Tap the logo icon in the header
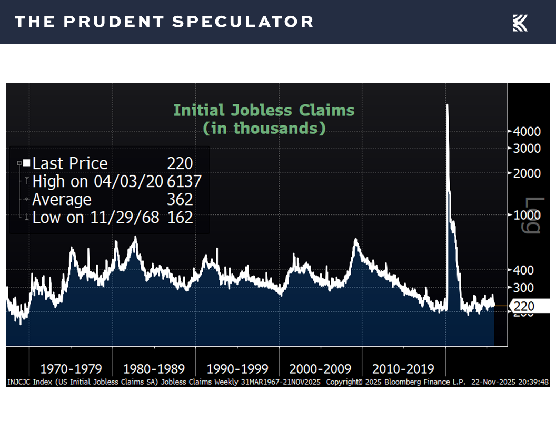[520, 23]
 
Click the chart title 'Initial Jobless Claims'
[264, 111]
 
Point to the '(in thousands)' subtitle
[264, 128]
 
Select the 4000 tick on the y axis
[527, 131]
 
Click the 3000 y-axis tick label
[527, 148]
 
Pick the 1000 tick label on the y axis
[527, 215]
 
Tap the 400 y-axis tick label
[524, 270]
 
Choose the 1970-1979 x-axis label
[71, 368]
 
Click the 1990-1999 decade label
[237, 368]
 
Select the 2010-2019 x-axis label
[403, 368]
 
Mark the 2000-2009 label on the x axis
[321, 368]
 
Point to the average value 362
[180, 200]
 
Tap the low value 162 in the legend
[180, 217]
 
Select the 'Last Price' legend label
[70, 164]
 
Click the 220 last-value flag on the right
[524, 306]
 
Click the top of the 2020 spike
[447, 105]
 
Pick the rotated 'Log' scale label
[535, 215]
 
